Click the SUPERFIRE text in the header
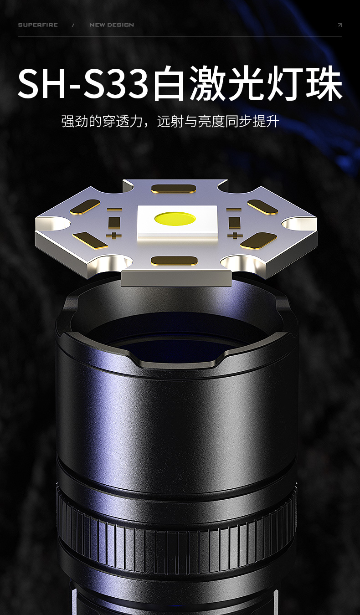[38, 25]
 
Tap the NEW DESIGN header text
[112, 25]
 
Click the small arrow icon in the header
[339, 25]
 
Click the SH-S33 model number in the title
[83, 82]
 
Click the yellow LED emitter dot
[175, 219]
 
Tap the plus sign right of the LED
[235, 235]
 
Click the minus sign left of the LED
[114, 210]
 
